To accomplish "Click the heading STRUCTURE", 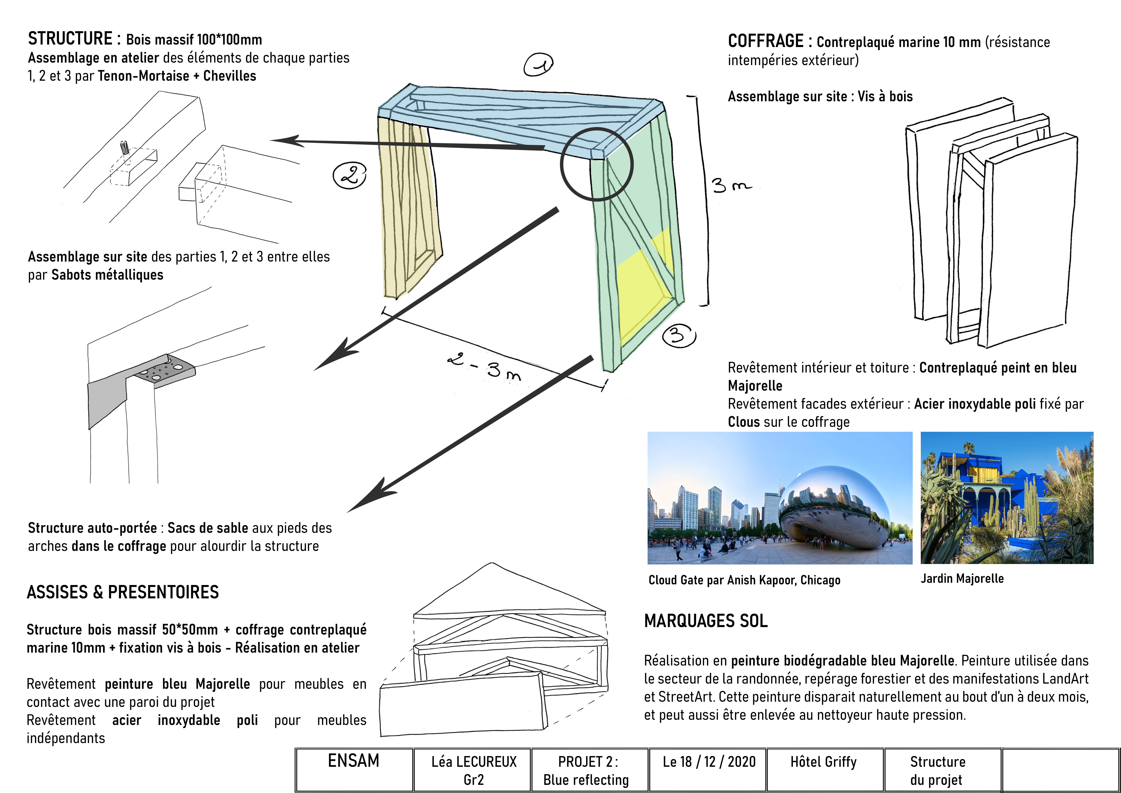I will coord(70,39).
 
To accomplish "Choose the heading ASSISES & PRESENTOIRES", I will coord(122,592).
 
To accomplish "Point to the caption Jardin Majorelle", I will coord(962,579).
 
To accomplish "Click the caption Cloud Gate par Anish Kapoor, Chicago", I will coord(744,580).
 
